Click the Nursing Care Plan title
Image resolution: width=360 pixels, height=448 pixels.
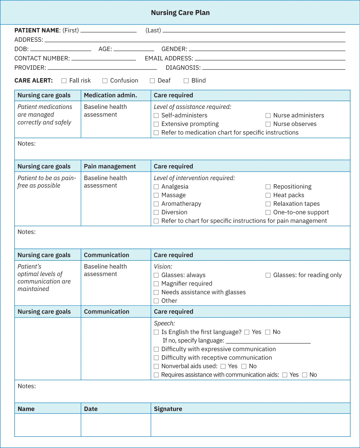[180, 13]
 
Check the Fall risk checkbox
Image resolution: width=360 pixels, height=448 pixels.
[64, 81]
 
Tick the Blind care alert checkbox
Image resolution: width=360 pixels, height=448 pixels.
[186, 81]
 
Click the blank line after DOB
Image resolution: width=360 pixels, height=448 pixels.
[61, 49]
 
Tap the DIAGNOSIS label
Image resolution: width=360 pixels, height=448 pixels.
[183, 68]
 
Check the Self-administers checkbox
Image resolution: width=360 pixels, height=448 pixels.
[156, 115]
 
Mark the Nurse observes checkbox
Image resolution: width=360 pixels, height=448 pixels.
[268, 124]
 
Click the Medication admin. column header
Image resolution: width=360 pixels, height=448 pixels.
[110, 95]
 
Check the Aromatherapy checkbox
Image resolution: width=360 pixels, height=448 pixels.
[156, 204]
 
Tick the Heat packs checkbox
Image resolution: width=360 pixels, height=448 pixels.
[268, 195]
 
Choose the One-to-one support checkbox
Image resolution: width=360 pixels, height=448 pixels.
[268, 212]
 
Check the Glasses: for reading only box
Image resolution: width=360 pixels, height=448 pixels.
[268, 275]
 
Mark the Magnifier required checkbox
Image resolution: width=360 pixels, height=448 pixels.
[156, 284]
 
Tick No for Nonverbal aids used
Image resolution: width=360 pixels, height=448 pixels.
[244, 366]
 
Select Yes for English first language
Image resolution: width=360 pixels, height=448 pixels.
[247, 332]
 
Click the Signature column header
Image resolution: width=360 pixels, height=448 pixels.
[168, 409]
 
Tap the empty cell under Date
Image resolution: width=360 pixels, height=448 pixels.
[116, 425]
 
